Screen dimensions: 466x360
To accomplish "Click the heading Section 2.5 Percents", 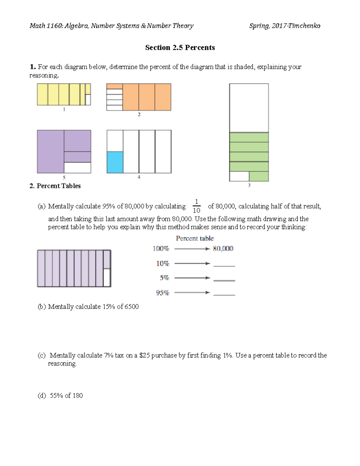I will coord(180,48).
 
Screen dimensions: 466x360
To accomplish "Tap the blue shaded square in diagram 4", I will coord(115,162).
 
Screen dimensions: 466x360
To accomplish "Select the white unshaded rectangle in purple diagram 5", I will coord(77,168).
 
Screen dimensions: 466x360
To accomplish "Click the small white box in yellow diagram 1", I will coord(88,100).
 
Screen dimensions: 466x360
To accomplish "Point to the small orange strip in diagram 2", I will coord(115,86).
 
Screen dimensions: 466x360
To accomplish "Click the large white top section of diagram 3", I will coord(249,108).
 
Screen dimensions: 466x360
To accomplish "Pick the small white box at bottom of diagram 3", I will coord(239,176).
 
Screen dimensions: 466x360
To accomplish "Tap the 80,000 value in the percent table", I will coord(223,248).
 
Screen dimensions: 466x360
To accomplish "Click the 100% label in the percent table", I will coord(161,248).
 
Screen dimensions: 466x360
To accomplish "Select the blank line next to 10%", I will coord(224,264).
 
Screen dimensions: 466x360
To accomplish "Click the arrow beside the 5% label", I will coord(192,278).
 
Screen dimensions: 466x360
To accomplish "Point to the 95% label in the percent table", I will coord(162,293).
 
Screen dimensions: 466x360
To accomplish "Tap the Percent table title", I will coord(195,239).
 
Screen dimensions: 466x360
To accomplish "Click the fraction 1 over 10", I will coord(196,206).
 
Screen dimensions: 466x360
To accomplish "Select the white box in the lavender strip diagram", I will coord(107,278).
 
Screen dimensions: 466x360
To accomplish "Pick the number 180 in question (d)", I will coord(77,395).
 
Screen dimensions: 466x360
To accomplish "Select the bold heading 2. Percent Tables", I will coord(55,186).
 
